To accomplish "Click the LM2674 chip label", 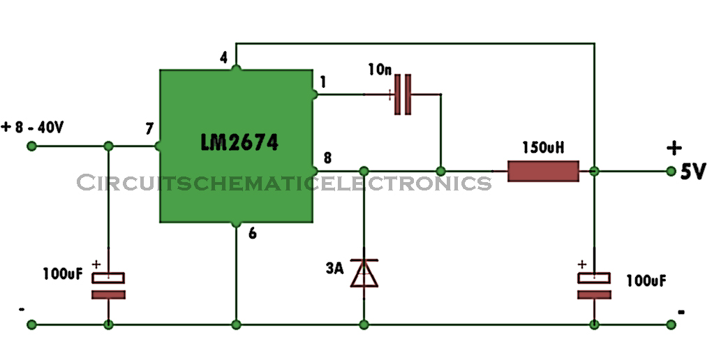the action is [x=239, y=142].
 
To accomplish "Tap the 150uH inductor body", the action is [x=543, y=171].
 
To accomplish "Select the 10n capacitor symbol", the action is [x=403, y=94].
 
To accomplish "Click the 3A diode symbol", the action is [x=364, y=273].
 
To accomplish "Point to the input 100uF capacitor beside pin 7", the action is [x=108, y=285].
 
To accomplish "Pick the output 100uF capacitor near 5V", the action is [x=594, y=285].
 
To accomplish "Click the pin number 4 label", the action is [x=223, y=59].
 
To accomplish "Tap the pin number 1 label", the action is [x=323, y=82].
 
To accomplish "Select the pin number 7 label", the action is [x=149, y=129].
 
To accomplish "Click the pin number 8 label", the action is [x=327, y=158].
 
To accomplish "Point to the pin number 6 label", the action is [x=253, y=233].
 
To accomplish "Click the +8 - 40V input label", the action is [x=33, y=128].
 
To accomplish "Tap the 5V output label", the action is [x=693, y=172].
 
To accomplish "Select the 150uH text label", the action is [x=543, y=148].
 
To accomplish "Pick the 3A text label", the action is [x=334, y=269].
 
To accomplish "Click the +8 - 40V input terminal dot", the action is [x=32, y=147].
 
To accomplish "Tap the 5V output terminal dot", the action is [x=671, y=171].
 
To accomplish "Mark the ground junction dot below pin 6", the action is [x=236, y=324].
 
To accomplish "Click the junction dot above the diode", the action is [x=364, y=171].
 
